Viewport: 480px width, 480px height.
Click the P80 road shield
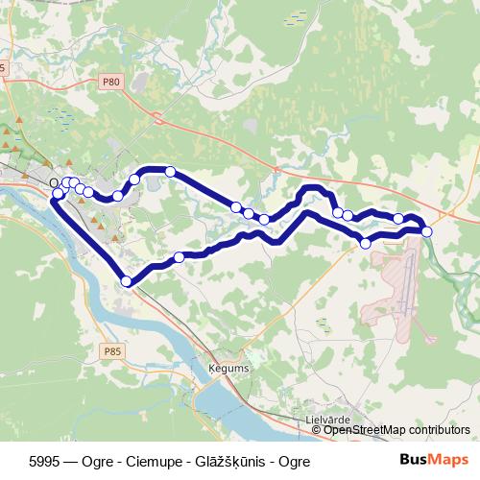pos(112,84)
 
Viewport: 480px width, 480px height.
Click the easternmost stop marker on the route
pos(426,231)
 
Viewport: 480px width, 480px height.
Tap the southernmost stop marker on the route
pos(126,280)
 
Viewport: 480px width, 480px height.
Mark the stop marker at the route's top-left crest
pos(170,172)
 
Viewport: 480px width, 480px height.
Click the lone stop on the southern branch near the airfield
pos(365,244)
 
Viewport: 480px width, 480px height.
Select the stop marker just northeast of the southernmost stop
pos(179,257)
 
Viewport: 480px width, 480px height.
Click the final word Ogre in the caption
pos(295,461)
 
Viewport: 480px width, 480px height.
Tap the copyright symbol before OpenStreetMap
pos(318,430)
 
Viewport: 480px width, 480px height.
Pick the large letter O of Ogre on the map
pos(55,181)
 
